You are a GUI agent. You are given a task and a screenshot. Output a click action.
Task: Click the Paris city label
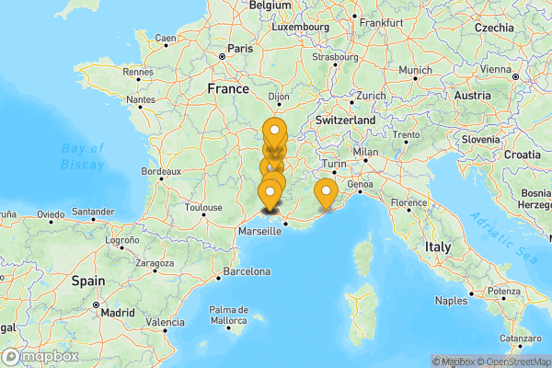(x=240, y=48)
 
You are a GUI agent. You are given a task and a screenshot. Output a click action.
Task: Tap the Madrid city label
(x=118, y=312)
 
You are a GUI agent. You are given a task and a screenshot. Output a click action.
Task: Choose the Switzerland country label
(x=345, y=121)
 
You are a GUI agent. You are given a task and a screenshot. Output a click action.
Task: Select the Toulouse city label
(x=203, y=208)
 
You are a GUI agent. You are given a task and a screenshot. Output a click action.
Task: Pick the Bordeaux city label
(x=160, y=171)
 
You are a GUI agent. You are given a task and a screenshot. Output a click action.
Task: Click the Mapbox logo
(x=40, y=356)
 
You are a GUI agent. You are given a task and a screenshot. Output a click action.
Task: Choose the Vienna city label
(x=496, y=69)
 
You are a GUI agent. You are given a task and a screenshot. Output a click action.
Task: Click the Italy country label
(x=437, y=247)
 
